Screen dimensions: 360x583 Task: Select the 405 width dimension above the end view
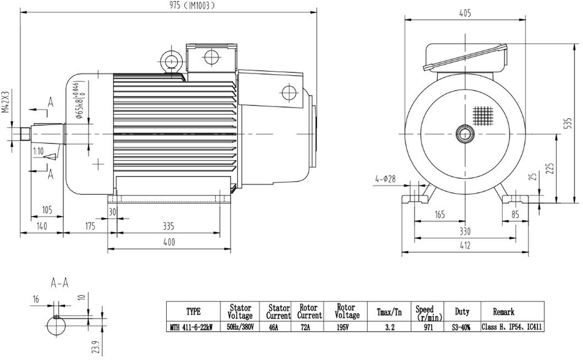pyautogui.click(x=465, y=14)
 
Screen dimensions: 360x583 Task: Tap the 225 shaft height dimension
pyautogui.click(x=549, y=169)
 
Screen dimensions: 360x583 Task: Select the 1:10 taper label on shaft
pyautogui.click(x=38, y=152)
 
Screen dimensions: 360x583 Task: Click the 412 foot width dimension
pyautogui.click(x=465, y=246)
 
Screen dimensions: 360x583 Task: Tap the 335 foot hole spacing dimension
pyautogui.click(x=168, y=226)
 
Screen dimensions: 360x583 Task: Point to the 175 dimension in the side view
pyautogui.click(x=90, y=226)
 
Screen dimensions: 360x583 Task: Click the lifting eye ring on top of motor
pyautogui.click(x=170, y=59)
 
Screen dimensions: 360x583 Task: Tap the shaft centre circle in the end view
pyautogui.click(x=466, y=135)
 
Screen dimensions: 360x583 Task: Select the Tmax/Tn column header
pyautogui.click(x=389, y=312)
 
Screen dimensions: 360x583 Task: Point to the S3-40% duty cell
pyautogui.click(x=462, y=328)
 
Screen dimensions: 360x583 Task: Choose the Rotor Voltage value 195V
pyautogui.click(x=347, y=328)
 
